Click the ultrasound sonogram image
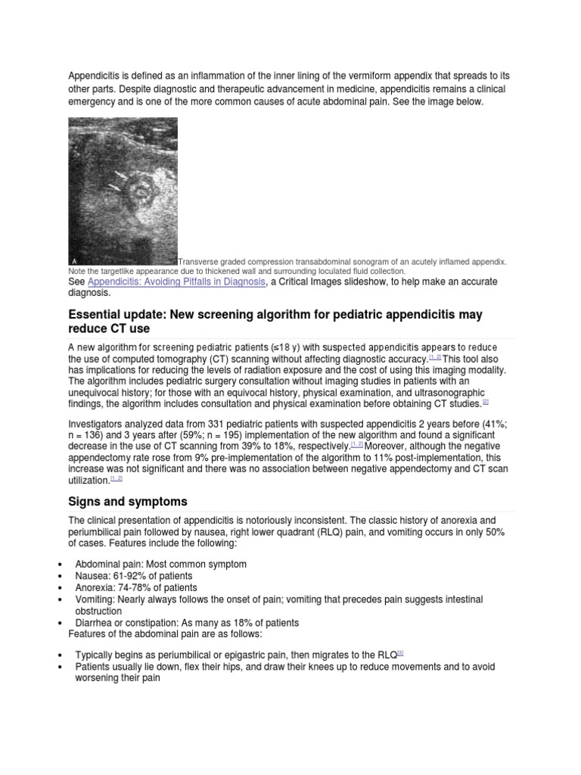click(x=123, y=191)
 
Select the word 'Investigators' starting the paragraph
click(x=99, y=425)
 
